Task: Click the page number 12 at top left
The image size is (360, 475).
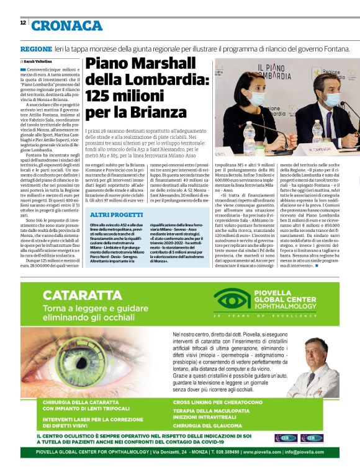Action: (23, 22)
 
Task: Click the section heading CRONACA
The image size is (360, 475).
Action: (66, 25)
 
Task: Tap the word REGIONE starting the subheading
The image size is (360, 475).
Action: (35, 49)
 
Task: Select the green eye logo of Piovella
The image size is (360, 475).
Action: (232, 301)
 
